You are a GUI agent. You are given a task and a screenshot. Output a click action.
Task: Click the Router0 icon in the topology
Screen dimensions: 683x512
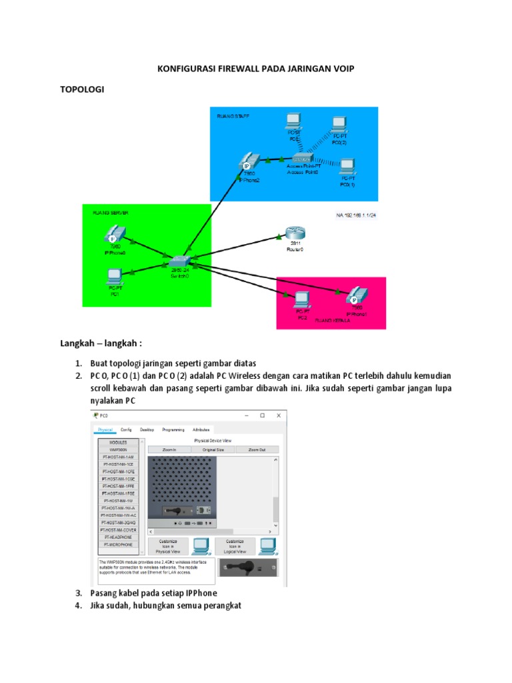(294, 233)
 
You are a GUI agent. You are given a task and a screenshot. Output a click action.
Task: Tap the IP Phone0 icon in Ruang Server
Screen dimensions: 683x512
(113, 235)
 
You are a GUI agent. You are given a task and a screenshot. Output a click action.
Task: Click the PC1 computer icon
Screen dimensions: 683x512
(113, 275)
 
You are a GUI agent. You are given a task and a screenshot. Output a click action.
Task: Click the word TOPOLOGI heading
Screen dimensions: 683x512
(83, 89)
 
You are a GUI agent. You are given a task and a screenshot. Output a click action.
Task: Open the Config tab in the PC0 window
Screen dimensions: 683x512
(126, 430)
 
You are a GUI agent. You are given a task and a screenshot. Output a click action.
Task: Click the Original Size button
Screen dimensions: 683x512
(213, 450)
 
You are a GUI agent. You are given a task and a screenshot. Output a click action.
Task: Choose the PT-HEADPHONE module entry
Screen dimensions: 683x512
(117, 537)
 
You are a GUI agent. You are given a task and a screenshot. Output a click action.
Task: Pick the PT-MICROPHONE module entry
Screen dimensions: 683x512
(117, 545)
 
